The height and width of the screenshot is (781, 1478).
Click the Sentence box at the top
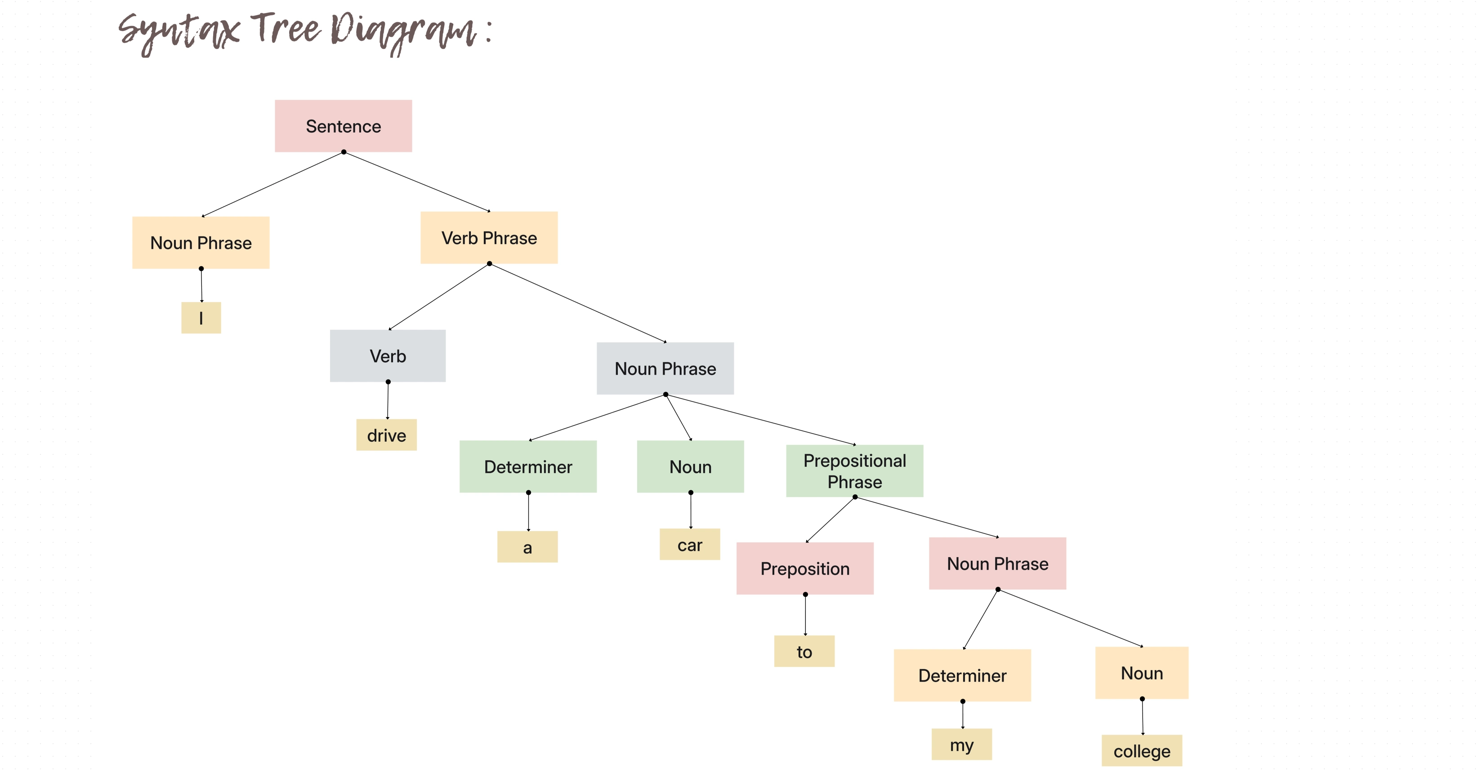click(x=343, y=126)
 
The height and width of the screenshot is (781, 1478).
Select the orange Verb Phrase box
click(x=489, y=237)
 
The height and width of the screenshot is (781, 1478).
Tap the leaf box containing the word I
click(x=201, y=318)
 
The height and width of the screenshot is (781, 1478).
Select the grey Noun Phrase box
click(x=665, y=368)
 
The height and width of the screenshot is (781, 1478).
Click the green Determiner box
click(x=528, y=466)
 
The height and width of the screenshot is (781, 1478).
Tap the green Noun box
click(x=690, y=466)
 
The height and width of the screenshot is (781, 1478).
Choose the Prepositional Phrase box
click(x=854, y=471)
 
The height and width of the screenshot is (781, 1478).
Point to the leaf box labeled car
click(x=690, y=544)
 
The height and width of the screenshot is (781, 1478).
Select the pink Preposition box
click(x=805, y=568)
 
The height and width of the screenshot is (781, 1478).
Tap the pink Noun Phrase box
click(x=997, y=563)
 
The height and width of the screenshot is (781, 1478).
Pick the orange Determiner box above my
click(x=962, y=675)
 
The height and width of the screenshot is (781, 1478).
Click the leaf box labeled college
click(x=1141, y=750)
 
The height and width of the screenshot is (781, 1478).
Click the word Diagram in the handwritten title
click(x=405, y=31)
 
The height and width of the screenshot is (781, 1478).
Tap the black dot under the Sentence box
click(x=344, y=152)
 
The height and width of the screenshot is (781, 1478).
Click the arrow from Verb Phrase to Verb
click(x=439, y=297)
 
